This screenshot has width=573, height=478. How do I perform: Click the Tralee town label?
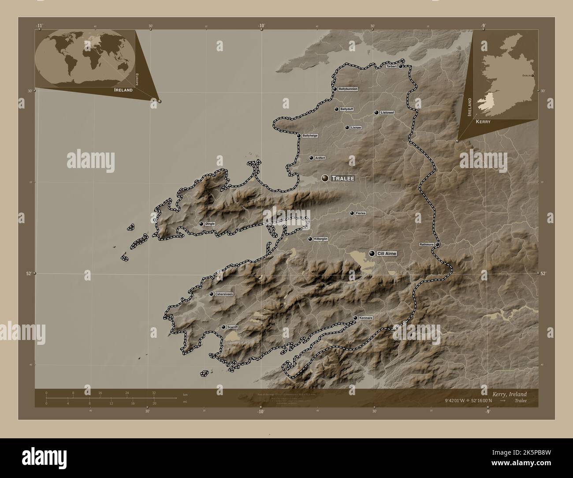click(343, 179)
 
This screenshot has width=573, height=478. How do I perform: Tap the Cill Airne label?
click(387, 254)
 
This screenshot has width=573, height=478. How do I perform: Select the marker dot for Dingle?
click(201, 224)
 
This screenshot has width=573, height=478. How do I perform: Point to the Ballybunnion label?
click(348, 89)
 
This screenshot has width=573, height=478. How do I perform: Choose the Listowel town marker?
click(376, 113)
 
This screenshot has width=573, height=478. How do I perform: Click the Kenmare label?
click(366, 318)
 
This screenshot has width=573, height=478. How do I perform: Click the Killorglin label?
click(320, 239)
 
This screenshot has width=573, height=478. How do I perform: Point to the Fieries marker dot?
click(352, 213)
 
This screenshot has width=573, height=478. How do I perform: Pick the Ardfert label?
click(320, 158)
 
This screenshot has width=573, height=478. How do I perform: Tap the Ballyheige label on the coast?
click(310, 136)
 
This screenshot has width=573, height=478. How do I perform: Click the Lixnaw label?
click(356, 128)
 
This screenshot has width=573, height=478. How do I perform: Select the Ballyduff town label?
click(347, 109)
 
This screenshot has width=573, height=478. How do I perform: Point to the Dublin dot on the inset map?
click(533, 76)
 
